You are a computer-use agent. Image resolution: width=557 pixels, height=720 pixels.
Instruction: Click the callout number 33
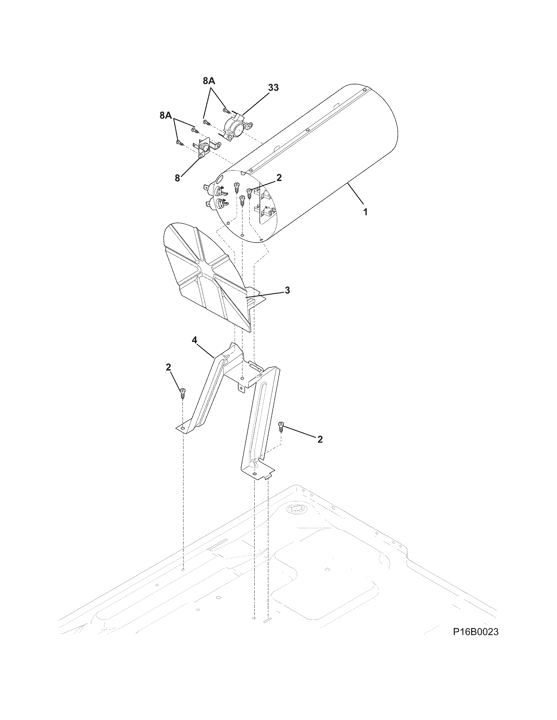(x=273, y=88)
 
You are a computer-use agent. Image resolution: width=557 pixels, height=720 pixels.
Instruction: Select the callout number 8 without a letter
(x=177, y=178)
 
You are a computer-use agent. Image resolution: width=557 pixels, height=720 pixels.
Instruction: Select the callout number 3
(x=287, y=290)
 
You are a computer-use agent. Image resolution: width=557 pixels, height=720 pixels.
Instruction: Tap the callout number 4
(x=195, y=340)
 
